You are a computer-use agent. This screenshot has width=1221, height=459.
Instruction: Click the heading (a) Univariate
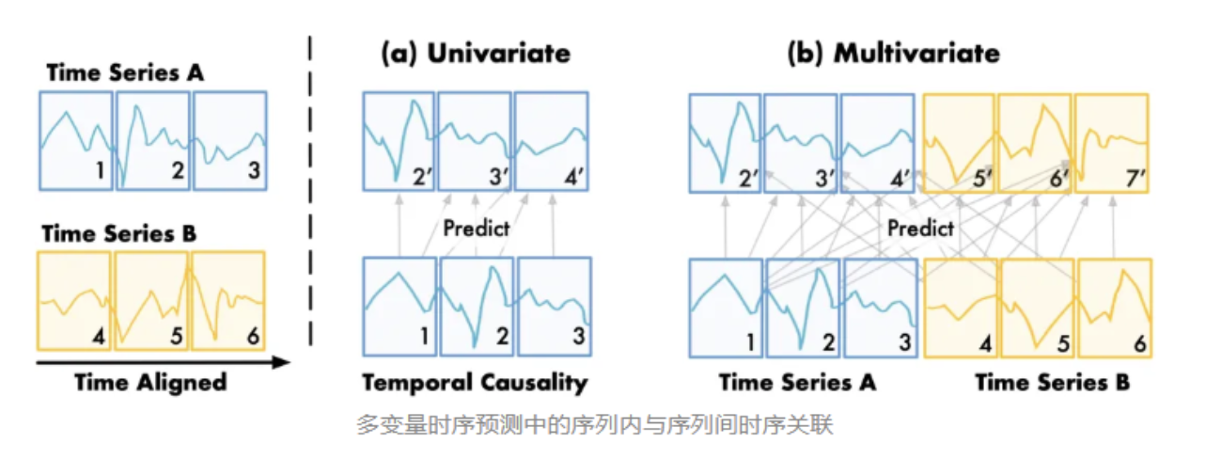[475, 53]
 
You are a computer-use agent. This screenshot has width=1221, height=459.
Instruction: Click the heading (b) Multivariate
[893, 53]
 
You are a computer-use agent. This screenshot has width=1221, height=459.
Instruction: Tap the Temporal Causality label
[475, 382]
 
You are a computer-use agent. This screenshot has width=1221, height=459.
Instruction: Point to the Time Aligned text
[151, 382]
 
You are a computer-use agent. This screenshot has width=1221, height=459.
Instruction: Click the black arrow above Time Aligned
[160, 361]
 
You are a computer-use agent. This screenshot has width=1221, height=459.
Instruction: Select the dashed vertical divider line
[310, 188]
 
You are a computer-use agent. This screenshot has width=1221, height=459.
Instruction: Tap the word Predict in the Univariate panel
[477, 229]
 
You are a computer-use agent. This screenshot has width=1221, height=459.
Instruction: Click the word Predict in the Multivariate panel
[920, 228]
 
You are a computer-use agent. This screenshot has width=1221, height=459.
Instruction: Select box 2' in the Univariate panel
[399, 141]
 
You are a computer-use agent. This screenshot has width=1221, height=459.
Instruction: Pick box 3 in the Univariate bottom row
[554, 307]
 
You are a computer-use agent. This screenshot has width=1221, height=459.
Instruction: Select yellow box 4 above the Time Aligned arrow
[75, 298]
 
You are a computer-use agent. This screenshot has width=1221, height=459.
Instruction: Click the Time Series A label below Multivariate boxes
[797, 382]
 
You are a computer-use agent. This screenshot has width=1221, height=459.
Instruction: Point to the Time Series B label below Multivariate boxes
[1052, 382]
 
